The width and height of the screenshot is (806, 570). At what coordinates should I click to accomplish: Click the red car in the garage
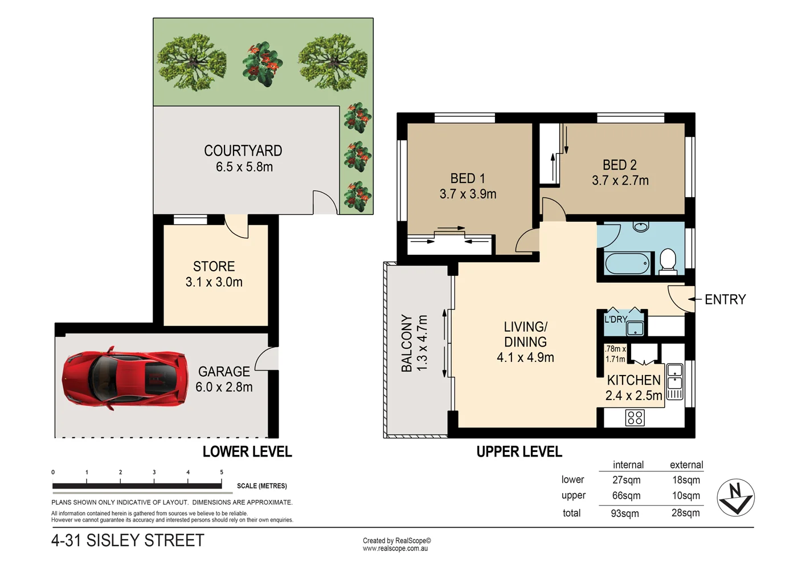click(x=125, y=378)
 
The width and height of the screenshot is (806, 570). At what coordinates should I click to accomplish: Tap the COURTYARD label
click(x=243, y=151)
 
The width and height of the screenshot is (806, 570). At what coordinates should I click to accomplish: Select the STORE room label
click(x=214, y=267)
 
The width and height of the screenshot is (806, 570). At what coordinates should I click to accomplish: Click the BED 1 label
click(x=467, y=179)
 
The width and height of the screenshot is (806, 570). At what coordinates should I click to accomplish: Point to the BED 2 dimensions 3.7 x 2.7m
click(x=620, y=181)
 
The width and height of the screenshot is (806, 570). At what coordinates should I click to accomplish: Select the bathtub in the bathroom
click(x=627, y=264)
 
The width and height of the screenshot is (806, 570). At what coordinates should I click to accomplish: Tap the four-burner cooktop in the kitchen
click(x=635, y=418)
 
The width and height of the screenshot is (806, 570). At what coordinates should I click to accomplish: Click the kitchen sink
click(x=674, y=376)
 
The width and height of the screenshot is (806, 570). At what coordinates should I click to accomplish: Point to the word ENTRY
click(x=725, y=300)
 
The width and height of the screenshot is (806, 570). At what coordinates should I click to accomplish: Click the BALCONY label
click(x=407, y=343)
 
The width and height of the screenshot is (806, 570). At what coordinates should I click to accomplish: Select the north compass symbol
click(x=735, y=498)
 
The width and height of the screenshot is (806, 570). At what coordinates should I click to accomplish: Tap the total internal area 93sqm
click(x=625, y=514)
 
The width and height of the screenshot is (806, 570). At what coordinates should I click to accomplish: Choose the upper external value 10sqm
click(x=686, y=496)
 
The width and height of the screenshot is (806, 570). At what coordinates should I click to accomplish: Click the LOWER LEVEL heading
click(x=247, y=452)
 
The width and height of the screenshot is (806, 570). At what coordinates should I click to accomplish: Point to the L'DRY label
click(x=615, y=320)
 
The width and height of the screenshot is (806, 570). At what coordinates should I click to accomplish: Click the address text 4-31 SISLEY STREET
click(x=128, y=540)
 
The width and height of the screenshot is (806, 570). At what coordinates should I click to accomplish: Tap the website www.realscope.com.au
click(x=395, y=549)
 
